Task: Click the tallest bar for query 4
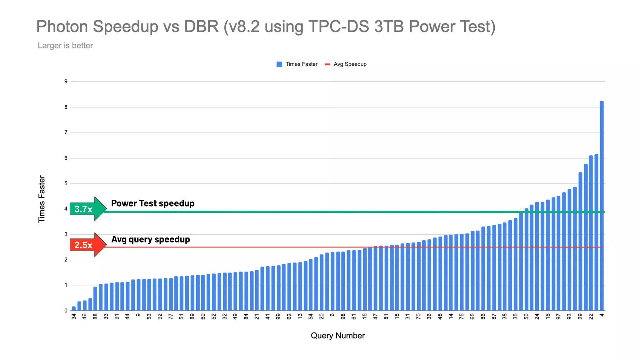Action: point(602,206)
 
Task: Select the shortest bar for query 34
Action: point(74,308)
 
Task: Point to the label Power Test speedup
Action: point(153,203)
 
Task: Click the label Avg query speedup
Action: point(151,239)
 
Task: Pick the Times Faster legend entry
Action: point(297,64)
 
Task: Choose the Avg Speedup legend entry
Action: point(346,64)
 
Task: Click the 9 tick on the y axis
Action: point(66,82)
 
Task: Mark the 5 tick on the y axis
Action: point(66,183)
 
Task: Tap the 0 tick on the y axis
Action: point(66,311)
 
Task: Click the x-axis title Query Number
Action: point(337,336)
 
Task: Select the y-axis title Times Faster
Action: point(42,199)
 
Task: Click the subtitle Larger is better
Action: point(65,46)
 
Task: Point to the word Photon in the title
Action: point(62,27)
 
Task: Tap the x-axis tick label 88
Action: point(95,317)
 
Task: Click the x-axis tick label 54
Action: point(311,317)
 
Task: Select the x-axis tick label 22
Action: point(591,317)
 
